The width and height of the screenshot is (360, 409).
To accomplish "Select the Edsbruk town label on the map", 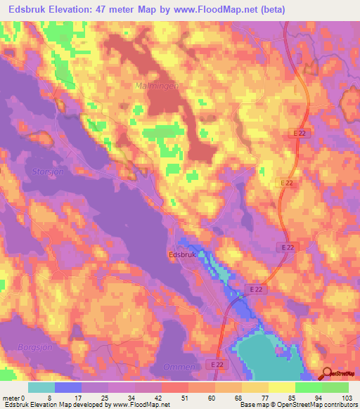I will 181,255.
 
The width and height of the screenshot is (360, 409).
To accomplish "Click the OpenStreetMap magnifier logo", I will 326,375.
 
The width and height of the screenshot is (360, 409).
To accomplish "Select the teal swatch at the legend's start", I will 41,387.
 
